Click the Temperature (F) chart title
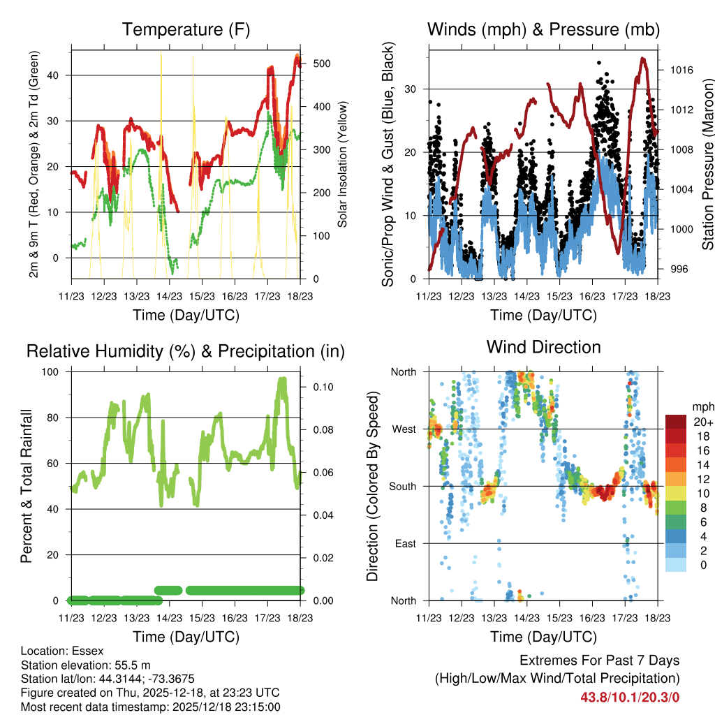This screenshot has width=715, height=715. (186, 29)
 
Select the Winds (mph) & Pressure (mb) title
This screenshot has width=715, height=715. (543, 29)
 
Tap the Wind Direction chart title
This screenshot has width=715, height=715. (543, 346)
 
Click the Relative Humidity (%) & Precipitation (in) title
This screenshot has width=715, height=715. (186, 351)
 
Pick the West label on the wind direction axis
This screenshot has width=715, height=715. (404, 429)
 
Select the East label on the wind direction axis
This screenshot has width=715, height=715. (406, 543)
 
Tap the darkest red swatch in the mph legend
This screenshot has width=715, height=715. (675, 421)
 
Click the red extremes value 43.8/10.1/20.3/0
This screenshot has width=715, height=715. (630, 696)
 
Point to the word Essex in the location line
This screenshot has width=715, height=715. (88, 651)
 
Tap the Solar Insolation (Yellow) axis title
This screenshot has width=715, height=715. (343, 165)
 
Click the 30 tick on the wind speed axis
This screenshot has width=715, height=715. (413, 89)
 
